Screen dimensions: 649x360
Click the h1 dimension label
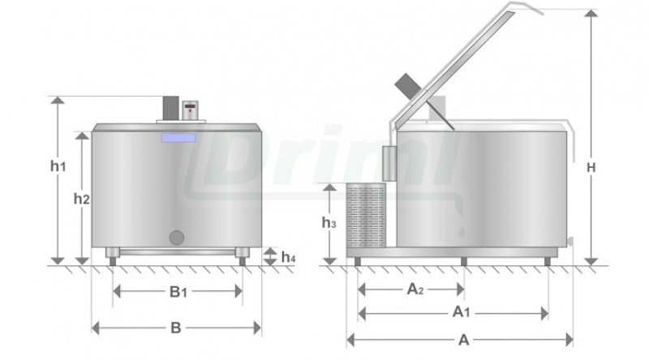point(58,166)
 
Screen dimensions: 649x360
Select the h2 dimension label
point(82,199)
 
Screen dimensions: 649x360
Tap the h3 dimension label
point(329,223)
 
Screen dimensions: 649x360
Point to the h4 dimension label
point(288,257)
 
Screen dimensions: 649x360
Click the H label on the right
point(591,168)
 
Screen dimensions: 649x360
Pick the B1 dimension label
point(178,292)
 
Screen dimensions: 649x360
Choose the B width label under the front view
point(176,328)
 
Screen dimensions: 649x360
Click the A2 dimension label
point(415,289)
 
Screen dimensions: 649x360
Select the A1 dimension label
point(461,311)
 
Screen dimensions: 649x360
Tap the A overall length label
point(464,341)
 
